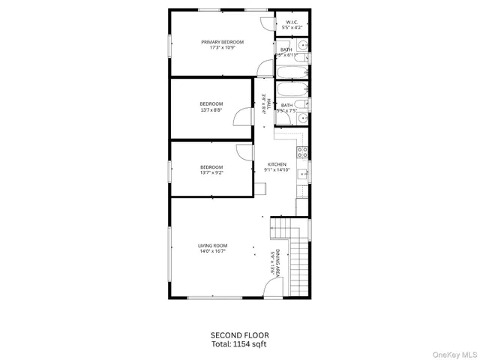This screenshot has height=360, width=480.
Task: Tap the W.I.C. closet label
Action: (x=292, y=22)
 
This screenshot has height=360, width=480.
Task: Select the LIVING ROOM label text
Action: (x=212, y=245)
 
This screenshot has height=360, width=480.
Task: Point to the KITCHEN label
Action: (x=277, y=164)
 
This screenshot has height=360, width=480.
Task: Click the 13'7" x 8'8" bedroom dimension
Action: (x=211, y=110)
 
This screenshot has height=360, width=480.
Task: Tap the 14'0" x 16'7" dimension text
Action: (x=212, y=251)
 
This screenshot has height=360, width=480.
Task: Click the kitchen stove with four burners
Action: (x=302, y=152)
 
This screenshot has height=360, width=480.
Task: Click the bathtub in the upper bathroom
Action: (x=290, y=73)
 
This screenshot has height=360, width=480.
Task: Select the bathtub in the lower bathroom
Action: (x=290, y=89)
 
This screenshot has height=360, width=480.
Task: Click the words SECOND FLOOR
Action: (x=239, y=334)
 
